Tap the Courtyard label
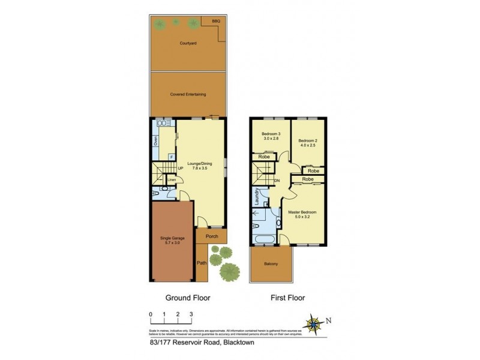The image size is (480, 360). click(x=188, y=43)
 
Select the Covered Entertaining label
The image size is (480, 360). click(x=188, y=94)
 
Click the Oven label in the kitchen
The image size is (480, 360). click(x=155, y=141)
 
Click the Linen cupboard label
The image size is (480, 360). click(x=172, y=179)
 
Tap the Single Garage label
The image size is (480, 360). click(x=172, y=241)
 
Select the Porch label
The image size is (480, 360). click(x=212, y=236)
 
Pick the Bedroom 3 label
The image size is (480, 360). click(x=270, y=136)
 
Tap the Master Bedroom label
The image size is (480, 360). click(x=301, y=215)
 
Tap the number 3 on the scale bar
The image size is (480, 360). click(x=191, y=314)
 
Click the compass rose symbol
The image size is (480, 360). click(x=314, y=324)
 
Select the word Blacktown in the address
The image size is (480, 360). click(x=241, y=344)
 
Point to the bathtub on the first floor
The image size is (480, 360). click(x=265, y=240)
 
